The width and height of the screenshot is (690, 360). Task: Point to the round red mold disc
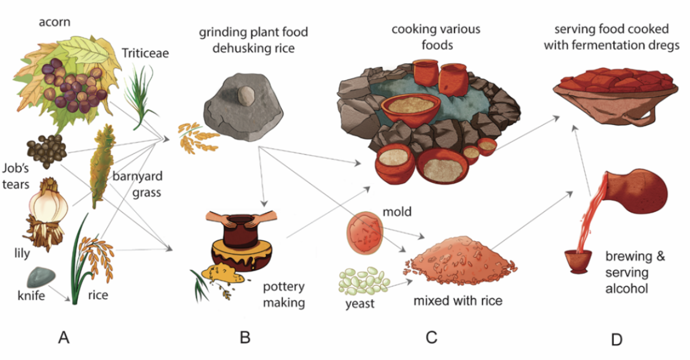365,233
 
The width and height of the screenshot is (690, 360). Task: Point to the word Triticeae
145,53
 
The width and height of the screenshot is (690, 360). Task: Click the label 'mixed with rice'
458,300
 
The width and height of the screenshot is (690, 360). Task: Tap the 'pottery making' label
284,295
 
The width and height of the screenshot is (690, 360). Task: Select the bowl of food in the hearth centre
410,106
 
